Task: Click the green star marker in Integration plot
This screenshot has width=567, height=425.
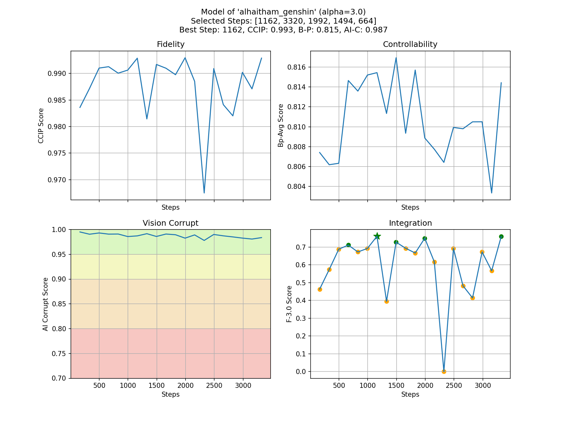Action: click(377, 236)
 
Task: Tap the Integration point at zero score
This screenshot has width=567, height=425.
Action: click(444, 371)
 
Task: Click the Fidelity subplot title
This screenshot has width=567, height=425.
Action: click(170, 44)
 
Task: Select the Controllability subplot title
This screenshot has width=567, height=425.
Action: click(410, 44)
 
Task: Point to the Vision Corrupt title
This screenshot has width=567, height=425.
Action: click(170, 223)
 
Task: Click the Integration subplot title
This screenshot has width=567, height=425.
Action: click(410, 223)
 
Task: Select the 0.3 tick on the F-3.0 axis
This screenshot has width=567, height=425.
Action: click(302, 318)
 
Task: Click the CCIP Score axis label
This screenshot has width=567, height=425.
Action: click(41, 126)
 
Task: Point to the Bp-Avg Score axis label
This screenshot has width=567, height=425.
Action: click(281, 126)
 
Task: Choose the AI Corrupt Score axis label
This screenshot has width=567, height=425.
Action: click(46, 304)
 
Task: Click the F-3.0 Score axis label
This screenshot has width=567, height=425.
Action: click(289, 304)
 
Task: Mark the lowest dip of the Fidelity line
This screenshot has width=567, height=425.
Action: click(204, 193)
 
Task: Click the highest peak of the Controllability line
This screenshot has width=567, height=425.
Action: click(396, 58)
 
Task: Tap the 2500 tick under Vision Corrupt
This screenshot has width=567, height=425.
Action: click(214, 386)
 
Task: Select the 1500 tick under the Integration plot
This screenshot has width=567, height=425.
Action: click(396, 386)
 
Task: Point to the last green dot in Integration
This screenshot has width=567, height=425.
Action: click(501, 236)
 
